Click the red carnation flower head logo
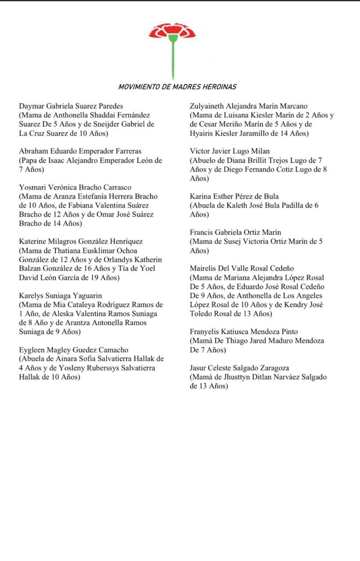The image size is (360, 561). tap(172, 31)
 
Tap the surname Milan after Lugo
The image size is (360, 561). tap(261, 151)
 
